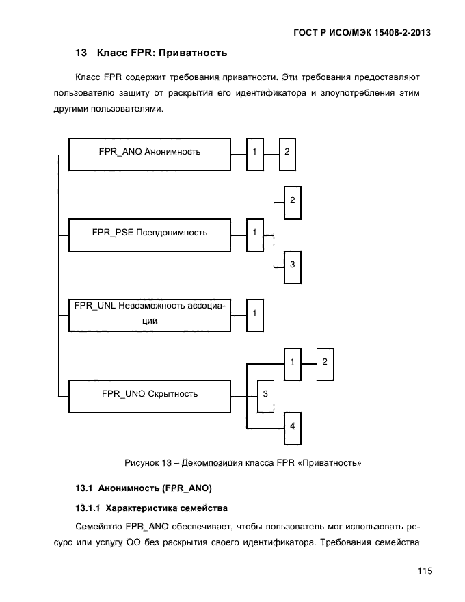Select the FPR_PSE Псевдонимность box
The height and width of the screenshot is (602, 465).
coord(149,233)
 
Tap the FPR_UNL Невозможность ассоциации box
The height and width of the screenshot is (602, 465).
coord(149,315)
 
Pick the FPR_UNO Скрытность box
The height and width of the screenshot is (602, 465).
coord(149,394)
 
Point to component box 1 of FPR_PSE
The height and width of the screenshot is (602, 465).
coord(254,233)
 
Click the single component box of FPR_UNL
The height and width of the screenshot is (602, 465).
coord(254,315)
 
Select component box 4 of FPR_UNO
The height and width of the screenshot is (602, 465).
coord(292,428)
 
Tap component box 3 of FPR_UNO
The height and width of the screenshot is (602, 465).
coord(265,395)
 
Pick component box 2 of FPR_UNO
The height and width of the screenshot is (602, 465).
coord(325,362)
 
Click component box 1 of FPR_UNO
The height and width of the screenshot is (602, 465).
coord(292,362)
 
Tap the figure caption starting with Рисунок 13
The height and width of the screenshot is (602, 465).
coord(243,463)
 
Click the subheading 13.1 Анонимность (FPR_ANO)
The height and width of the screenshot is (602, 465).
coord(144,488)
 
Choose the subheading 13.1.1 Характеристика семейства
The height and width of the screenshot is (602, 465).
coord(152,508)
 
